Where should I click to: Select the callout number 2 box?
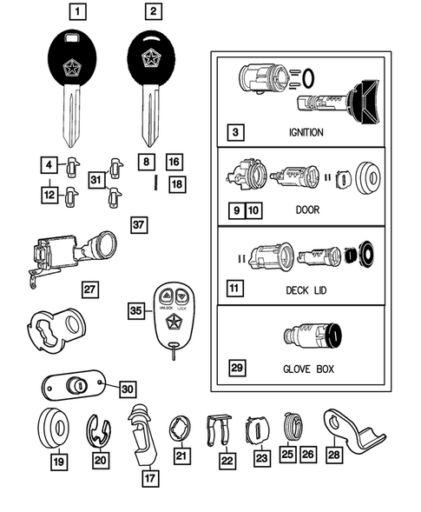pyautogui.click(x=154, y=12)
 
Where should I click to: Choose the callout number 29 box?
pyautogui.click(x=237, y=368)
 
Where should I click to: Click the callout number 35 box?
pyautogui.click(x=135, y=309)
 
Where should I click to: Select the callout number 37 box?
pyautogui.click(x=138, y=225)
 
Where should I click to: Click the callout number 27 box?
pyautogui.click(x=90, y=288)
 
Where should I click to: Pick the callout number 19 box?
pyautogui.click(x=58, y=462)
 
